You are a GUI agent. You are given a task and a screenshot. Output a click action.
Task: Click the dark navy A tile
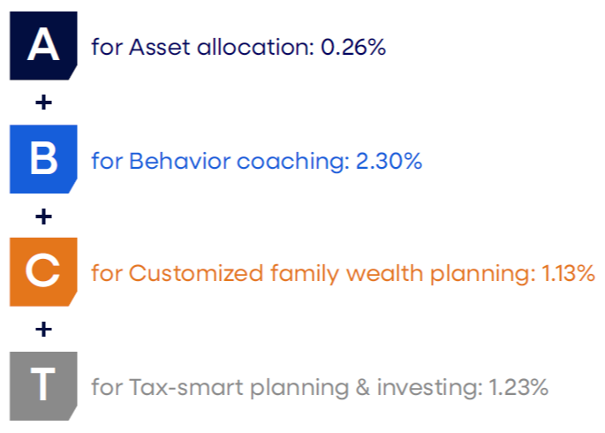43,46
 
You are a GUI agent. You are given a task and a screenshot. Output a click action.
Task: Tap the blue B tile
43,159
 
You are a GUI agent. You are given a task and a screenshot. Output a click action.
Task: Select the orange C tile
43,272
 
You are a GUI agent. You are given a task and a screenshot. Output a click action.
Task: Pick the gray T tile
43,386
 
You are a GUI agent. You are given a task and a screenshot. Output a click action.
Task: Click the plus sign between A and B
43,103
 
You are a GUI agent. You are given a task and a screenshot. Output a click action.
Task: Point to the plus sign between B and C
43,216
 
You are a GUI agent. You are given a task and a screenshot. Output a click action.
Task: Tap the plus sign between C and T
43,330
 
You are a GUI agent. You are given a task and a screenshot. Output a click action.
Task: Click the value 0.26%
353,47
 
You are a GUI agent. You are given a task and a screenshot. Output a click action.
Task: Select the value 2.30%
389,161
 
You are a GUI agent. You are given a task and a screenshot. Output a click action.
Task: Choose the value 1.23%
518,387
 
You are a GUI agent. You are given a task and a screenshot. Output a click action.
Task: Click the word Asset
160,47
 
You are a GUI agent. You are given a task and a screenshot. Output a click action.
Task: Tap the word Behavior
180,161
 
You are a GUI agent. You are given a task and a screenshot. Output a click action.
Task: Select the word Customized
195,274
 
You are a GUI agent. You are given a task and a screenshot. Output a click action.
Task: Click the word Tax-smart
186,387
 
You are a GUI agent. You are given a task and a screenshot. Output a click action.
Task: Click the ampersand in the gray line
363,387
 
